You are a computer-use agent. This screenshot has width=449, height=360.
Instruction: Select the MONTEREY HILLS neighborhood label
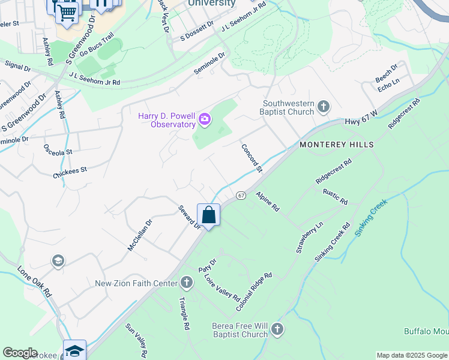(337, 145)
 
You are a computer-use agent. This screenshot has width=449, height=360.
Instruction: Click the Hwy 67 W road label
(361, 121)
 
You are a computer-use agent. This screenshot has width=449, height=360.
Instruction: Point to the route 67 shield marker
(241, 196)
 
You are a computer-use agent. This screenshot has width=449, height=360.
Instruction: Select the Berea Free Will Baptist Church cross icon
(277, 329)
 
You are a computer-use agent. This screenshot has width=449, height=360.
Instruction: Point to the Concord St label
(252, 158)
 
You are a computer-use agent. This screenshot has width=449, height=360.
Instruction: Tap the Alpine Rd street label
(268, 202)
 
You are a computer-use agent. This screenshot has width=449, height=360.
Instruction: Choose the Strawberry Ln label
(309, 237)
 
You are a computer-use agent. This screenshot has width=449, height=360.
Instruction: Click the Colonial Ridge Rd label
(255, 292)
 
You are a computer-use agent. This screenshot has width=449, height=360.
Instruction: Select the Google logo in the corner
(20, 352)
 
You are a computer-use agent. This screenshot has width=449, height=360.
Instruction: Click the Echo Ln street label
(388, 88)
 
